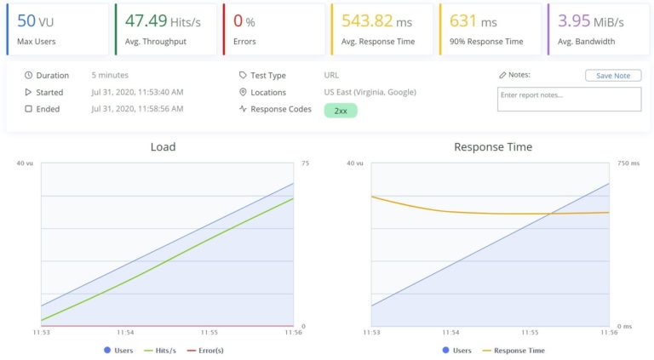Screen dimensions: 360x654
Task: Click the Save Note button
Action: click(x=613, y=76)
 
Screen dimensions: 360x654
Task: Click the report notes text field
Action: click(x=569, y=99)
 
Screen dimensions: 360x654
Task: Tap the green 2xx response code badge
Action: click(x=341, y=110)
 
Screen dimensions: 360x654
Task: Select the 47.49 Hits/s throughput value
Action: click(x=162, y=21)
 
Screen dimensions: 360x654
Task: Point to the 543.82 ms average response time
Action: click(x=380, y=21)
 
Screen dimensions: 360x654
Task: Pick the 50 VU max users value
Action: click(x=36, y=21)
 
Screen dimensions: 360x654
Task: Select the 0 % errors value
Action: click(x=244, y=21)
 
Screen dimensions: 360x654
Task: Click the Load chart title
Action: click(x=163, y=147)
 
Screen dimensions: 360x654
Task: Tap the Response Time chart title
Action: click(x=493, y=147)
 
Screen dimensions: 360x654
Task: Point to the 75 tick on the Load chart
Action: click(x=304, y=163)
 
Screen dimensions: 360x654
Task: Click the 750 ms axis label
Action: click(x=628, y=163)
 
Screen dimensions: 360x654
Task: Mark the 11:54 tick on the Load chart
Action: click(x=125, y=333)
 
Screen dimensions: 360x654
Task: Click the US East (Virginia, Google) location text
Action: click(x=375, y=92)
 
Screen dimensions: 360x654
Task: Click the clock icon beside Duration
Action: click(x=28, y=76)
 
